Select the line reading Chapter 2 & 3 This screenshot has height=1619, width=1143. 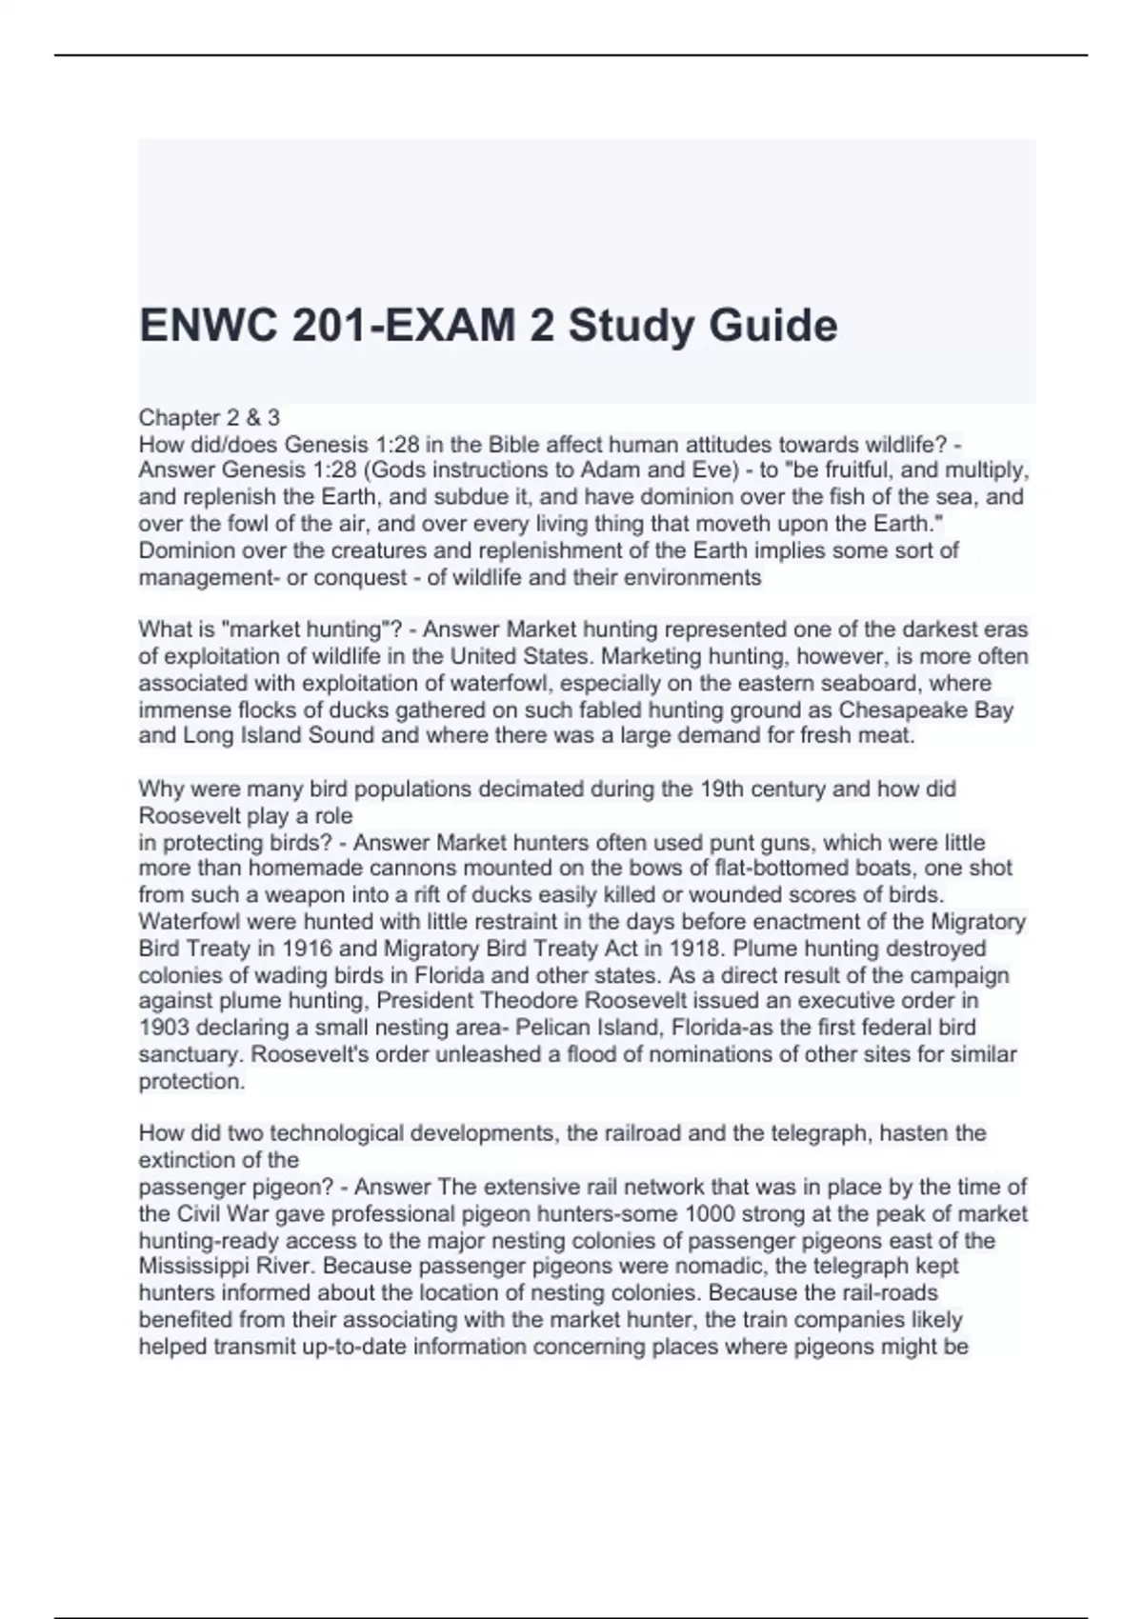(210, 417)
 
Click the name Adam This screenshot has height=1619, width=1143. (609, 470)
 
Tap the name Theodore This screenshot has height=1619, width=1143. (531, 1001)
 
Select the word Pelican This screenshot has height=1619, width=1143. (552, 1028)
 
